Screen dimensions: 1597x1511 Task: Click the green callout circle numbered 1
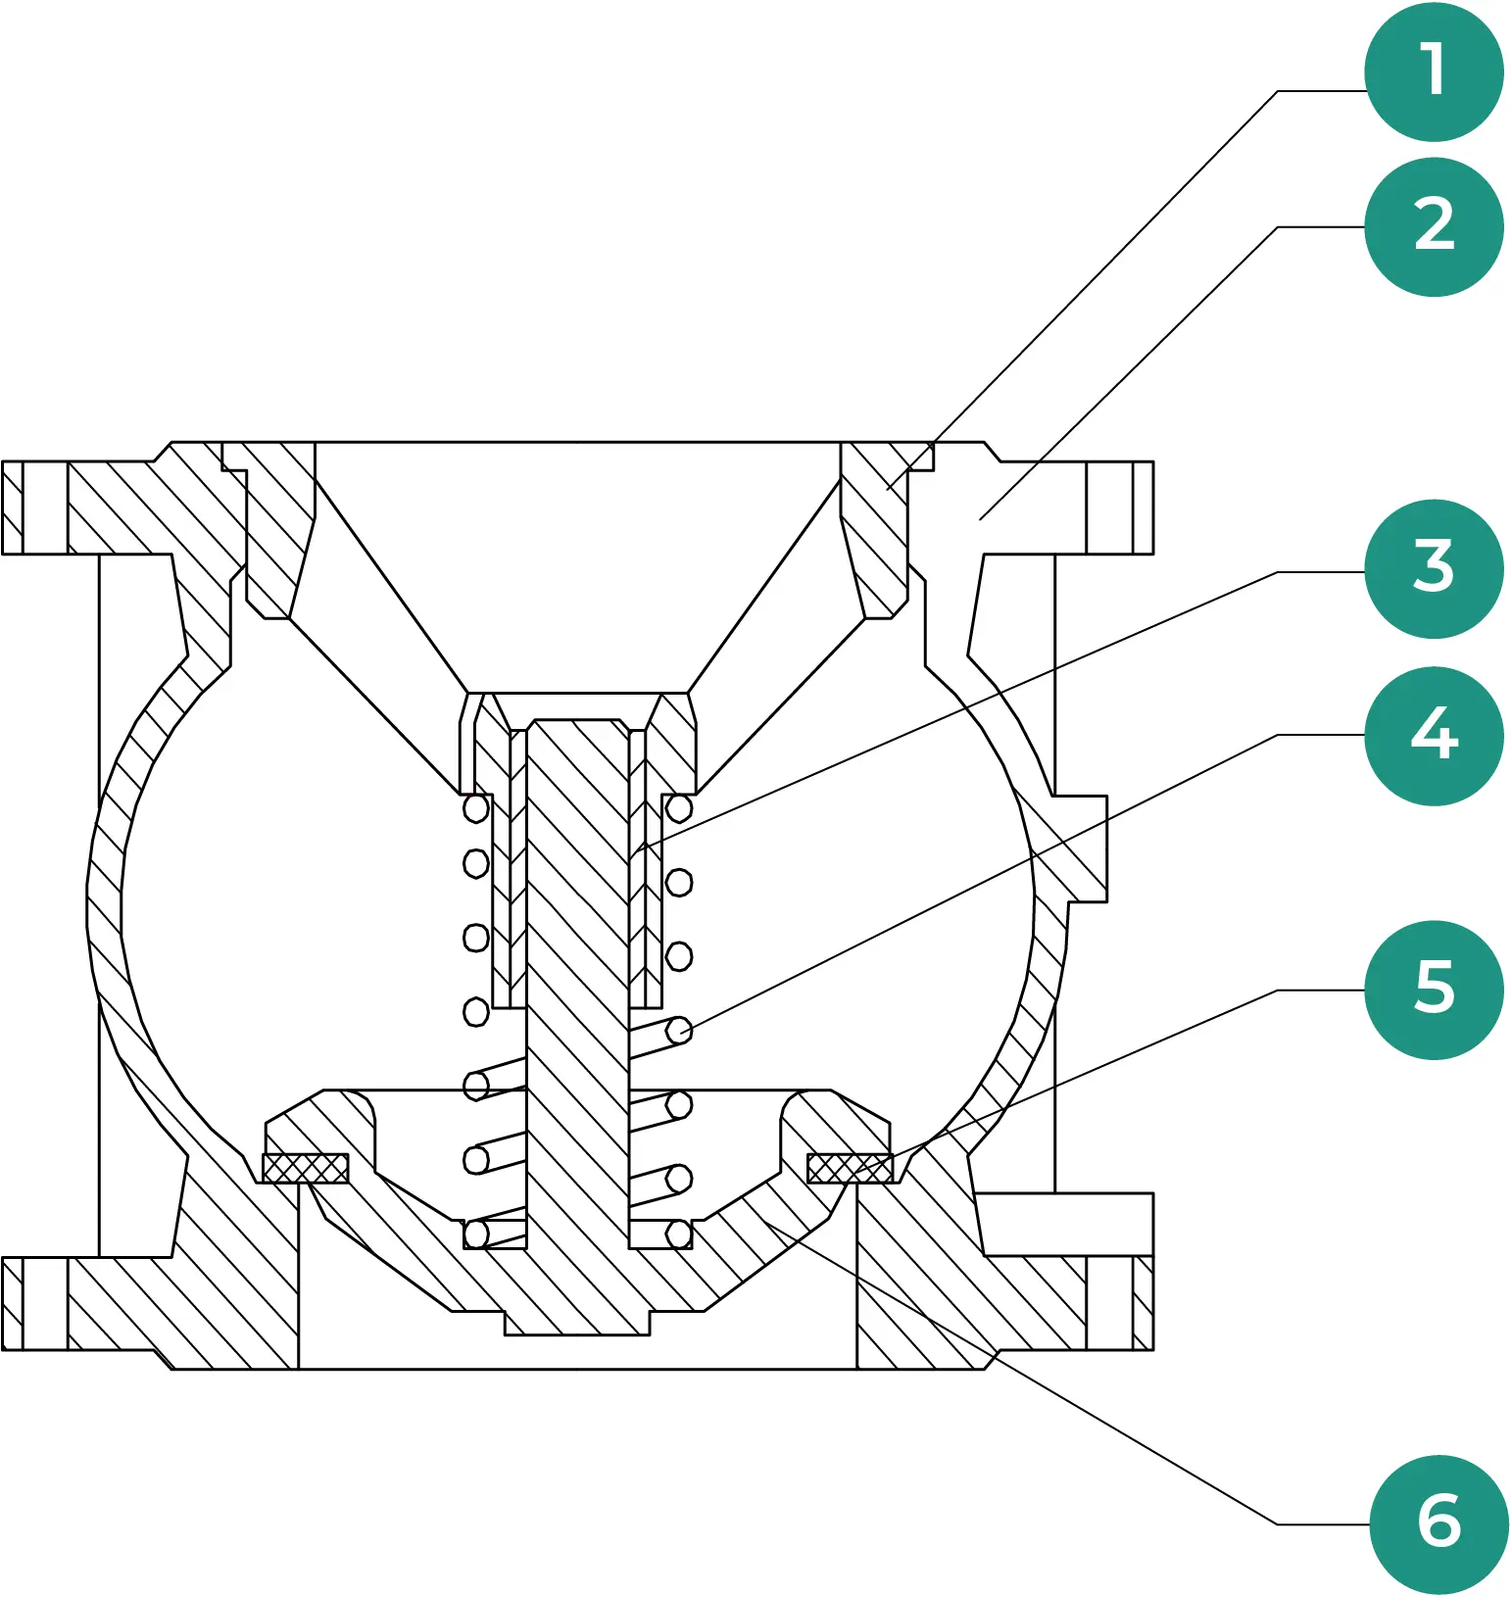coord(1434,72)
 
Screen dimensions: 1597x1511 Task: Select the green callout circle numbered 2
coord(1434,226)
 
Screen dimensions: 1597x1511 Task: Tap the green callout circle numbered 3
coord(1434,568)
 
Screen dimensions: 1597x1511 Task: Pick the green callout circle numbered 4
coord(1434,735)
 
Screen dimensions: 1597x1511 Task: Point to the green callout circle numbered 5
coord(1434,990)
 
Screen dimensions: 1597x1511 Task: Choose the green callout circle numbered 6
coord(1438,1524)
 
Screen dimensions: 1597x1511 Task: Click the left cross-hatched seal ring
coord(306,1168)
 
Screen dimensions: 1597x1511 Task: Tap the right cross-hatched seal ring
coord(850,1168)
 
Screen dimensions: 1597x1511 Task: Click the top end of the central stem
coord(577,727)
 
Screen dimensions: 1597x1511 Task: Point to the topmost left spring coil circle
coord(476,809)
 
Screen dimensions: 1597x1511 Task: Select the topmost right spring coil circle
coord(679,809)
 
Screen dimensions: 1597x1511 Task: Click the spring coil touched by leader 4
coord(679,1031)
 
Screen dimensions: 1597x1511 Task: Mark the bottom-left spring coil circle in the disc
coord(476,1234)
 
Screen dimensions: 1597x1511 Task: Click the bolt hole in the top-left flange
coord(45,508)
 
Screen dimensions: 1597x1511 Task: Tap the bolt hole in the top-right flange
coord(1109,508)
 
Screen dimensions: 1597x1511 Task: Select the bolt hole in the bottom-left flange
coord(45,1304)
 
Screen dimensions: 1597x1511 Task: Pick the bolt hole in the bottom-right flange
coord(1109,1304)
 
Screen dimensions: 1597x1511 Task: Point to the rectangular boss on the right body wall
coord(1078,848)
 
